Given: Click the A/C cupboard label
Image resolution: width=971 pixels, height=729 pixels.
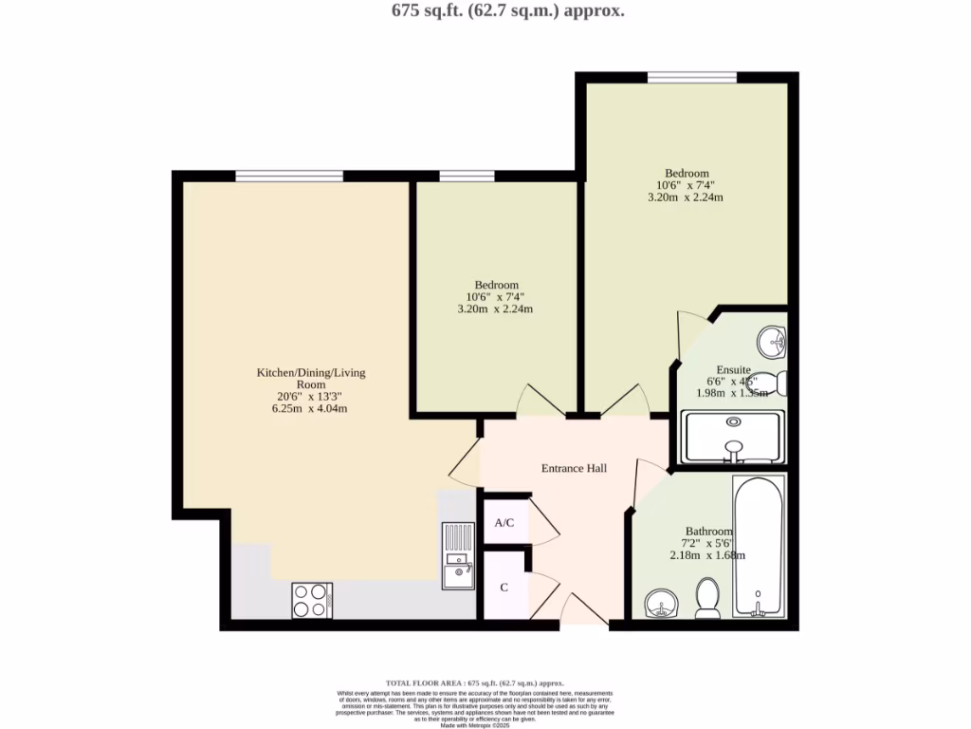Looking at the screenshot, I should point(504,522).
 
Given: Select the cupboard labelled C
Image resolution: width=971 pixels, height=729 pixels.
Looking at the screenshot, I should point(504,588).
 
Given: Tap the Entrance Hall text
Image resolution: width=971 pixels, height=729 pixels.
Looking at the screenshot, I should point(574,468).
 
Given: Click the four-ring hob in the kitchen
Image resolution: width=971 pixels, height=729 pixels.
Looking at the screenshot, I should point(311,599).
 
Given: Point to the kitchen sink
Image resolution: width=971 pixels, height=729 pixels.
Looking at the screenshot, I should point(458,555).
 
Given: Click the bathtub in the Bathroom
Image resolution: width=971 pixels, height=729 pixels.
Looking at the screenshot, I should point(758,547).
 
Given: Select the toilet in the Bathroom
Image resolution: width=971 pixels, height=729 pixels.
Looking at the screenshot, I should point(707,598).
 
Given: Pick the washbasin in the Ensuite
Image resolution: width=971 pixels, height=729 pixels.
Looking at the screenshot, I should point(773,341).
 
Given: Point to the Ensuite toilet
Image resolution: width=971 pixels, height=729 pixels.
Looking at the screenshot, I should point(778,383).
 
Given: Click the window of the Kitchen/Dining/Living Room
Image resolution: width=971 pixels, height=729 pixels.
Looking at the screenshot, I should point(289,176).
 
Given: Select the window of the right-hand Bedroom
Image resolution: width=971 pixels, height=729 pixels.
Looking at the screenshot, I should point(692,77).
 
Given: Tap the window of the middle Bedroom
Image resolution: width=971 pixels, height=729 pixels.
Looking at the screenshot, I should point(467,176).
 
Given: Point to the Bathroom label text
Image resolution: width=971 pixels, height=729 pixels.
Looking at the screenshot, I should point(709,532).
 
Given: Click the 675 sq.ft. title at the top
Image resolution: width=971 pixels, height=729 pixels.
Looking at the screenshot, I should point(494,11).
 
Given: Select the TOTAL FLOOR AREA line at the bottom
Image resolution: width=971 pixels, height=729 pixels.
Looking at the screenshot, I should point(474,682).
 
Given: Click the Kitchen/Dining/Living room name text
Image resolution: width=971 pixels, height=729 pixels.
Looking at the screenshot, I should point(311,380).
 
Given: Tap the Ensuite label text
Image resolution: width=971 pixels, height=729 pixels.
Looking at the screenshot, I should point(734,369).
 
